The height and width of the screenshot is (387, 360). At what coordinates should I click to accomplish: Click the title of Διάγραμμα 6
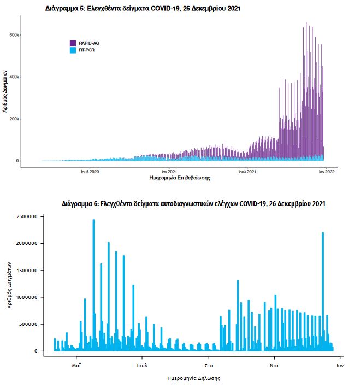(194, 204)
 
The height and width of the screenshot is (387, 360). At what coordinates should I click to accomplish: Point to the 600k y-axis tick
(14, 34)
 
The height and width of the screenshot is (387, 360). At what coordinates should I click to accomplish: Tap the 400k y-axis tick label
(14, 77)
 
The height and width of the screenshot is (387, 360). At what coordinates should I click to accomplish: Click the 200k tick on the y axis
(14, 119)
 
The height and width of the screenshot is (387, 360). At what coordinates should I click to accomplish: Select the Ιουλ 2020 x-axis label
(90, 171)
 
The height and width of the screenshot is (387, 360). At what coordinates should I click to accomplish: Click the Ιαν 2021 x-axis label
(169, 171)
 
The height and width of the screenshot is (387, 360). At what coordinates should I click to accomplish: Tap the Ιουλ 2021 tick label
(247, 171)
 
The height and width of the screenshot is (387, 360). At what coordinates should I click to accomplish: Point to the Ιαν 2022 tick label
(326, 171)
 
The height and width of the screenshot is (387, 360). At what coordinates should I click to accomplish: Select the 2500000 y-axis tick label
(26, 217)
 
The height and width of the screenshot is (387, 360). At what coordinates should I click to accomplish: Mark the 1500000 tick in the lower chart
(26, 271)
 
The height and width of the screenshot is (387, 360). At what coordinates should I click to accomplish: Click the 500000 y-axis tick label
(28, 324)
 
